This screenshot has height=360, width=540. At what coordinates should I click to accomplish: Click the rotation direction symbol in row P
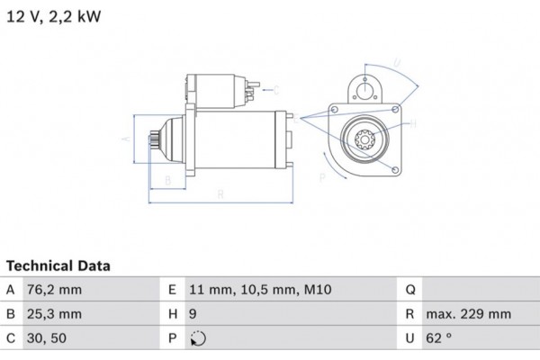point(199,340)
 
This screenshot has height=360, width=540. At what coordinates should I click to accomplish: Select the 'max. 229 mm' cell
point(469,315)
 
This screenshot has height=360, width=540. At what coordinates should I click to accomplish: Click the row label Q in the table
point(410,290)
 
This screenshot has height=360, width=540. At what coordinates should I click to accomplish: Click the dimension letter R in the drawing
point(221,193)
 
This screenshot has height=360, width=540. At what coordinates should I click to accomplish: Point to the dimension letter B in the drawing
point(167,180)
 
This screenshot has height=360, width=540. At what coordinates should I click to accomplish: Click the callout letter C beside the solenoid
point(275,89)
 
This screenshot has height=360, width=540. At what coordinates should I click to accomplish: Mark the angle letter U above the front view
point(395,63)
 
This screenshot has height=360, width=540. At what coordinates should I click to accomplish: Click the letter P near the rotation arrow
point(322,179)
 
